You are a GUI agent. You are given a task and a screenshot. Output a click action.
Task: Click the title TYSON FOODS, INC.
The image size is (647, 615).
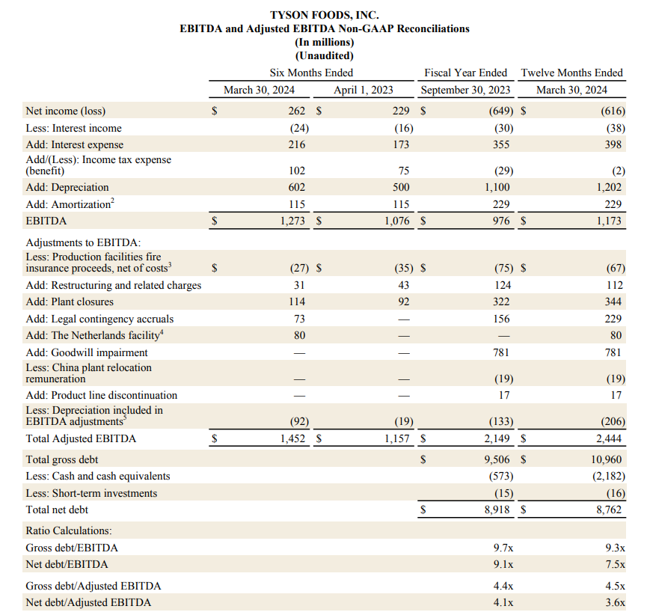coord(324,15)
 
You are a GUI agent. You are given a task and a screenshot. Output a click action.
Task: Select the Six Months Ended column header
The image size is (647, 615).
coord(311,73)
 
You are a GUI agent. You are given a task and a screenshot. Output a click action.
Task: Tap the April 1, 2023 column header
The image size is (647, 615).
coord(363,90)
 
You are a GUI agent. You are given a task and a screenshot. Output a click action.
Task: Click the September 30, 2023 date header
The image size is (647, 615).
coord(465,90)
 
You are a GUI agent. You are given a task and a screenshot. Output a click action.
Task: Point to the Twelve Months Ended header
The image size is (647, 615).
coord(571,73)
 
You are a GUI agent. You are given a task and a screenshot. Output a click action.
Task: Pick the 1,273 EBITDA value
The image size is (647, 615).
coord(292,221)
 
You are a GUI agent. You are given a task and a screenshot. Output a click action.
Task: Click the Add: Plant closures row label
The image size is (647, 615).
coord(70,302)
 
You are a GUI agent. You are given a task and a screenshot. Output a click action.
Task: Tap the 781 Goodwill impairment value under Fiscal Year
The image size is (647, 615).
coord(503,352)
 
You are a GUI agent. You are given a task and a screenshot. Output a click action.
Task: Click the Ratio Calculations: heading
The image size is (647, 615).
coord(69,530)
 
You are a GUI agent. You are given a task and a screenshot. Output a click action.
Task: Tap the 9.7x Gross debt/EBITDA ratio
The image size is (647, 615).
coord(503,548)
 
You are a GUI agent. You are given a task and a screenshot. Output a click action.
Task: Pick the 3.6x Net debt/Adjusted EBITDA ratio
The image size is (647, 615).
coord(615,602)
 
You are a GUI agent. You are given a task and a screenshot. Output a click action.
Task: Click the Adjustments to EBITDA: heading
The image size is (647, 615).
coord(82,242)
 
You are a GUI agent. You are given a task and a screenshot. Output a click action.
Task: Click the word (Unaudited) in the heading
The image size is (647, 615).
coord(325,55)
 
